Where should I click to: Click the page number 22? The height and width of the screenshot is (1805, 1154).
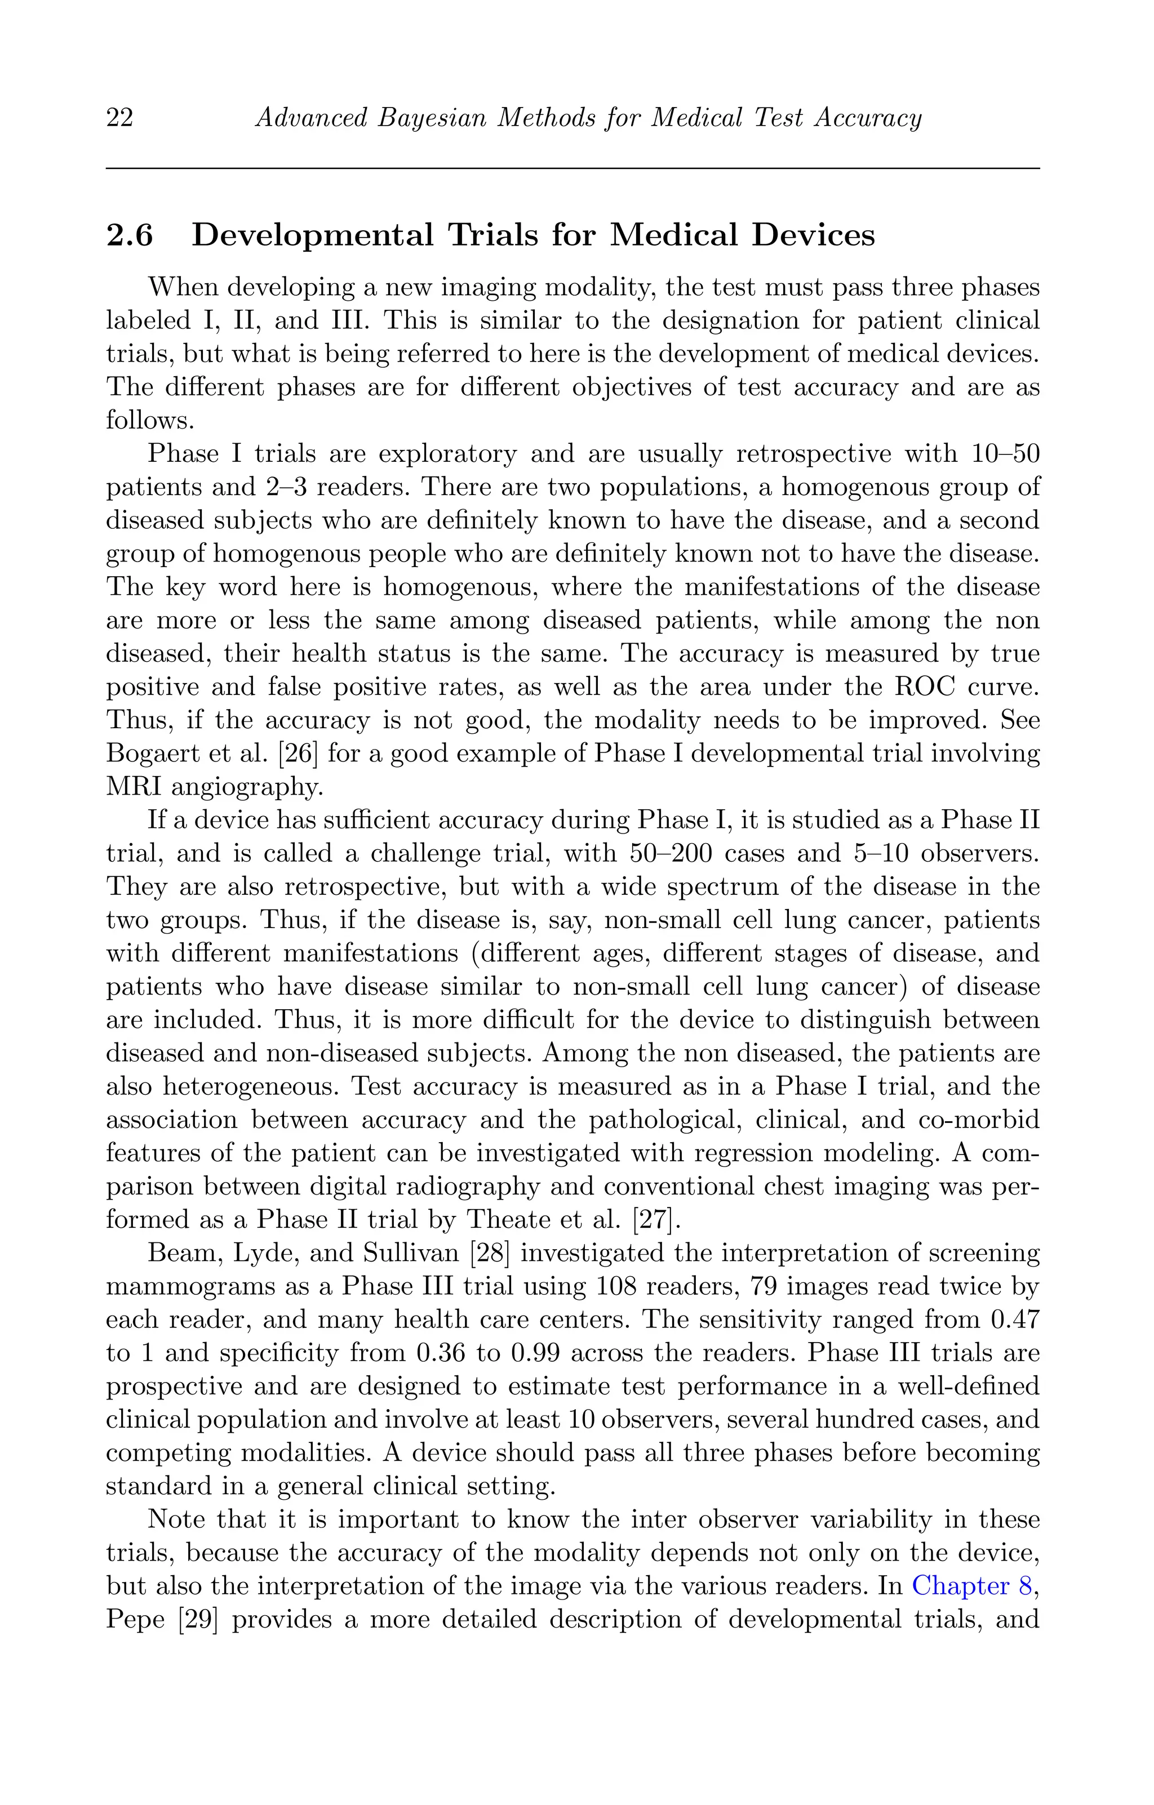120,118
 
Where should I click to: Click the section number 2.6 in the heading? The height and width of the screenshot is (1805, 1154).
129,235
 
